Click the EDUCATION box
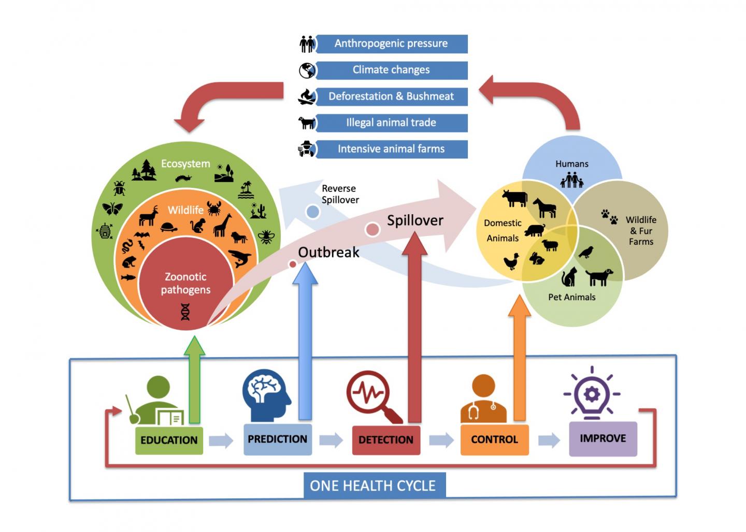click(169, 440)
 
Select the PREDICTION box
click(277, 439)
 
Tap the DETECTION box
click(386, 440)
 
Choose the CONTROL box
click(494, 440)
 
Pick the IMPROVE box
click(602, 439)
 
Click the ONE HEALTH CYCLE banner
click(373, 486)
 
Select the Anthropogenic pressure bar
click(391, 43)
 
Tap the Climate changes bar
click(391, 70)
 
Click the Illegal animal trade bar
click(391, 123)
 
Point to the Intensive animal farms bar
click(391, 149)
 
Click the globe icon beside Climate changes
click(307, 70)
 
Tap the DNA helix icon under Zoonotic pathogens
click(185, 312)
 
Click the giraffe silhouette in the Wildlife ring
click(222, 225)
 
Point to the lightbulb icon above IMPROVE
click(592, 395)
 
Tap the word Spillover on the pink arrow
click(415, 220)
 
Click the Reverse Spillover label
click(340, 194)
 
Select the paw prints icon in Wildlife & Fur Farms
click(609, 216)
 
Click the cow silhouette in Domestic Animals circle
click(514, 198)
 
